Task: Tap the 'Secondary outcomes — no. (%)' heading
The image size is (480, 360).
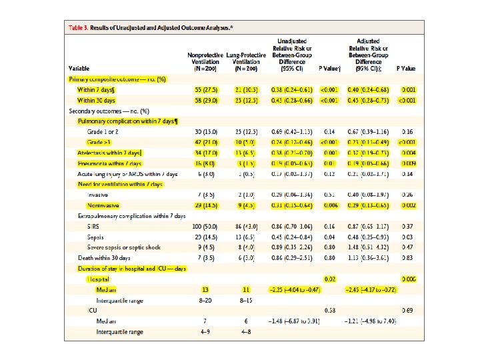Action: (x=109, y=110)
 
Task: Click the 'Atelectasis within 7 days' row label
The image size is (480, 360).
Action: (x=110, y=153)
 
